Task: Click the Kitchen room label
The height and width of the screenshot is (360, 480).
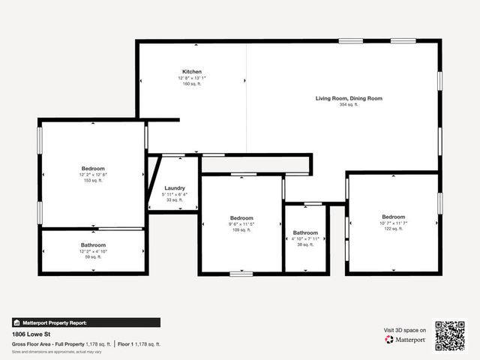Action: click(191, 71)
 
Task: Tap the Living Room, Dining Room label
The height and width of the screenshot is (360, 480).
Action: click(349, 98)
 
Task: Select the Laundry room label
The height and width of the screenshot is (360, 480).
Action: click(175, 188)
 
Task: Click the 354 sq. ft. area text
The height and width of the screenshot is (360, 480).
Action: click(349, 105)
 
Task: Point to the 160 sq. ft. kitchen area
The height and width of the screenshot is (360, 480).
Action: click(191, 84)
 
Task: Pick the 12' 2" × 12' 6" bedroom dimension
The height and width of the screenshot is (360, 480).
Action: click(93, 175)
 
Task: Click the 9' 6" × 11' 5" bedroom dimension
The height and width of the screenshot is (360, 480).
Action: click(241, 224)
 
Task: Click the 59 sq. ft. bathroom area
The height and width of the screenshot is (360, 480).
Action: click(93, 257)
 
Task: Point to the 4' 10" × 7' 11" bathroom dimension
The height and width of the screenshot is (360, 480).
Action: click(305, 239)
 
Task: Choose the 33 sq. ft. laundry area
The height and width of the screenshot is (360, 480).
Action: click(175, 200)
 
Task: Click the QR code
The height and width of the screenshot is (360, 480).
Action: click(450, 335)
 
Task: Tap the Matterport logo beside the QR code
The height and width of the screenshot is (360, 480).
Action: click(405, 340)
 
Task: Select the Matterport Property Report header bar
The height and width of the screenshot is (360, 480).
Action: click(85, 322)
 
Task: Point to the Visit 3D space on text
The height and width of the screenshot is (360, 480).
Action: click(405, 330)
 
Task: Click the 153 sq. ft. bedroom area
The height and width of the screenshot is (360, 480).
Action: click(93, 181)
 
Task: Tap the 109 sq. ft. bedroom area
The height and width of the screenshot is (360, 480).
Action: click(241, 230)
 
